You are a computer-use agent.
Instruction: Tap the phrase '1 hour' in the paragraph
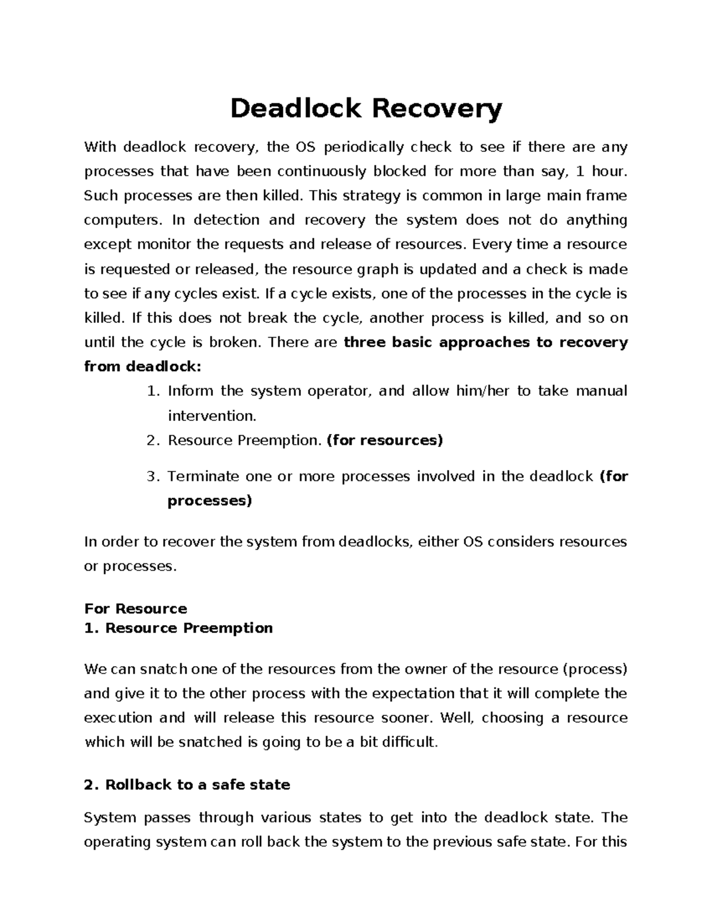[600, 171]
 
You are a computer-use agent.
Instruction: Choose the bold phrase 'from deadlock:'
[143, 366]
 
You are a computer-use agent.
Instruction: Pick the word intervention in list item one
[212, 416]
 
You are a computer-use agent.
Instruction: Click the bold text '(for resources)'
[384, 441]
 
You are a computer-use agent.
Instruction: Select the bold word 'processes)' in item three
[209, 501]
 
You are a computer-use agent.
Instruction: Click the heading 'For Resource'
[135, 609]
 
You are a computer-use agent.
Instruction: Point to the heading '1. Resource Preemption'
[178, 628]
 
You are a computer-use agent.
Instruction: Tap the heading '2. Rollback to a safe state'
[187, 785]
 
